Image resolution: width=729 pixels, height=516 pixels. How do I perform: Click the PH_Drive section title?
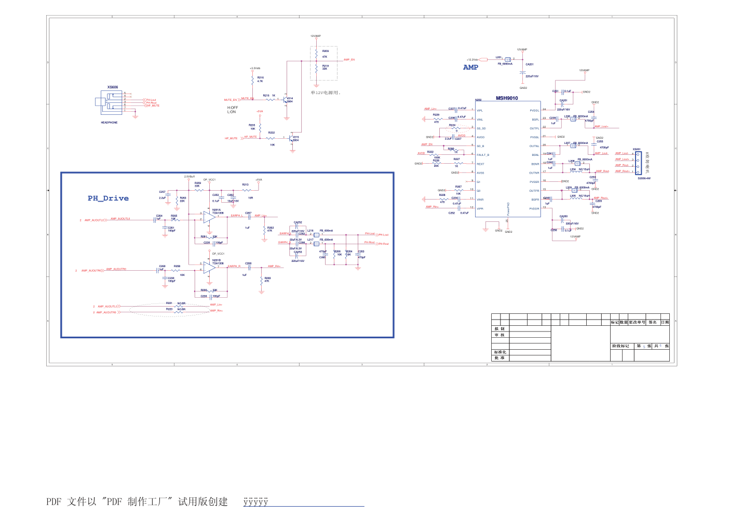point(108,199)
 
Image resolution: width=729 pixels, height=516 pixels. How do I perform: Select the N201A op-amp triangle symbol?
point(209,217)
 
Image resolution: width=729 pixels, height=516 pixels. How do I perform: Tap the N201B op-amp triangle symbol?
point(209,267)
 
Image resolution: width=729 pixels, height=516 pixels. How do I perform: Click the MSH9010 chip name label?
point(506,98)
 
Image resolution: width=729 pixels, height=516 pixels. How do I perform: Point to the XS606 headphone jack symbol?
point(112,102)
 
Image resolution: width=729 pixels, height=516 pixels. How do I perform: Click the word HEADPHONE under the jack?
point(109,123)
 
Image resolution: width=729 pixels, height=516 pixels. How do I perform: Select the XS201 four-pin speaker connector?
point(638,163)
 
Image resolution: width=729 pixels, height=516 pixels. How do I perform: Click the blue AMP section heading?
point(470,67)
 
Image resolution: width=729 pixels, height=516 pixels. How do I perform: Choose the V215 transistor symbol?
point(291,139)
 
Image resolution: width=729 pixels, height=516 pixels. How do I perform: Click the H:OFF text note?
point(232,108)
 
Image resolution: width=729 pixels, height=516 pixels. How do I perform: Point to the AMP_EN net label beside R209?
point(349,60)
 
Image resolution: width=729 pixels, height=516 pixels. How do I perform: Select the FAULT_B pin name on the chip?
point(483,155)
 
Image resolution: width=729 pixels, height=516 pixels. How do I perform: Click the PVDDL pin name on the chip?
point(534,110)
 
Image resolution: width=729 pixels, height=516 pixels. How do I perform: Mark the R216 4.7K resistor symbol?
point(253,80)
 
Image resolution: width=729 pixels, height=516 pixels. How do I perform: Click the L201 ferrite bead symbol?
point(507,60)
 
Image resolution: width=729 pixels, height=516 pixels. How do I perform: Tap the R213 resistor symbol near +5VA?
point(247,190)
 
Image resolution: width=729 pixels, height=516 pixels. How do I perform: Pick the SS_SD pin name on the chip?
point(481,128)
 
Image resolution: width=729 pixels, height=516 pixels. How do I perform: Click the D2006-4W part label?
point(644,178)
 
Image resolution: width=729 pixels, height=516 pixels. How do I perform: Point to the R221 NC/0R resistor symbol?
point(179,306)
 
